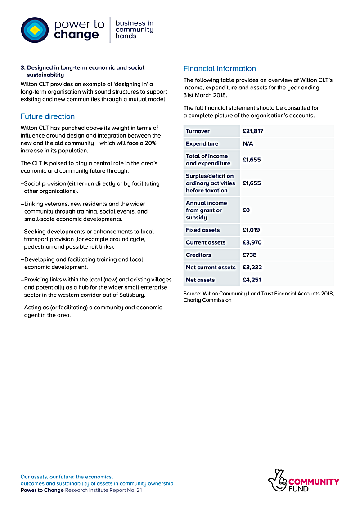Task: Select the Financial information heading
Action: (220, 68)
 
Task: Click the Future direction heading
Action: (48, 116)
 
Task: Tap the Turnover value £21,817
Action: (253, 131)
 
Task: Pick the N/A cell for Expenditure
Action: (248, 144)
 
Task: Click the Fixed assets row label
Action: (203, 230)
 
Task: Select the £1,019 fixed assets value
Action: (251, 230)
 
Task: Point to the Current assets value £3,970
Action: (252, 243)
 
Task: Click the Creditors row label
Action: (198, 255)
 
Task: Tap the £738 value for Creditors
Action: (250, 255)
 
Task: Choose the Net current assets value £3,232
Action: (252, 268)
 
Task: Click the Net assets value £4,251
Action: (252, 280)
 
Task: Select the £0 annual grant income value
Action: (246, 210)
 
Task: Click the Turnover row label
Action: (198, 131)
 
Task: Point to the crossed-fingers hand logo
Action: (277, 481)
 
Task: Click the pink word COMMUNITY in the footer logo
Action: (314, 482)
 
